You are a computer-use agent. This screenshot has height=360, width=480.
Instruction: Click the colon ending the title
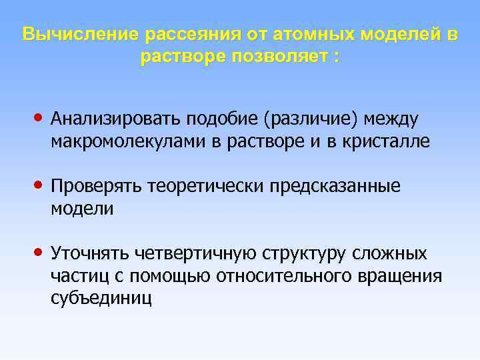click(x=336, y=57)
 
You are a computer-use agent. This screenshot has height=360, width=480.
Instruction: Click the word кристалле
click(x=389, y=141)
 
